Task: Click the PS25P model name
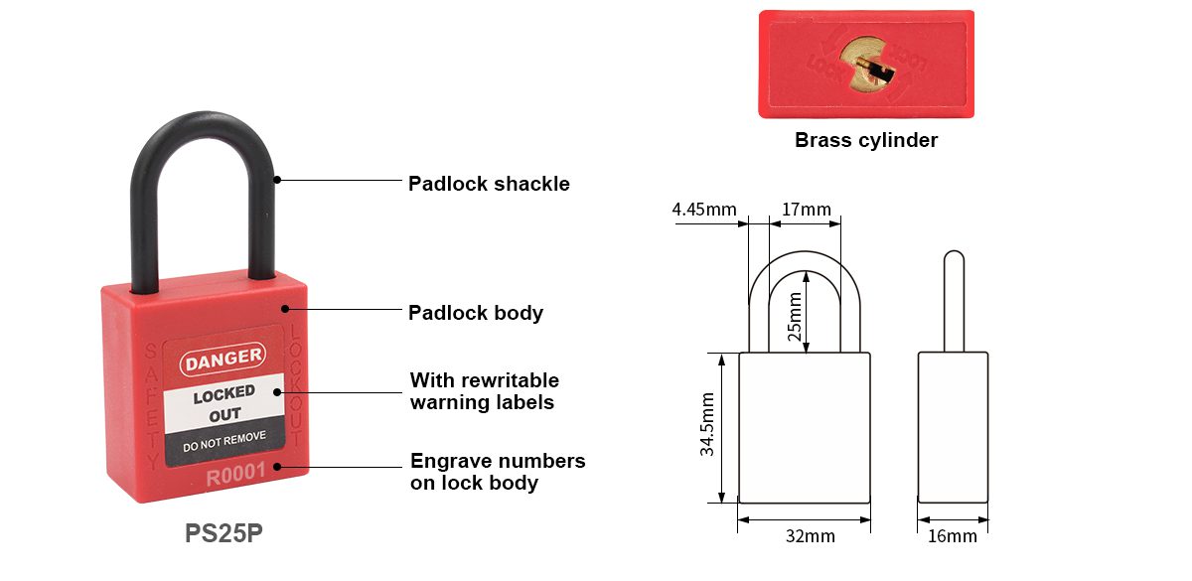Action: [224, 533]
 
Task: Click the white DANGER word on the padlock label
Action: [223, 357]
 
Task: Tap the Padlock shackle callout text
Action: [489, 184]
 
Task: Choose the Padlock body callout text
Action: [476, 313]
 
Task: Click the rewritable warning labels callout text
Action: [485, 391]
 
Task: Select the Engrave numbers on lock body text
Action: [498, 472]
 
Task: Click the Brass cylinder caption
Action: [866, 140]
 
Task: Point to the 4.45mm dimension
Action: [704, 210]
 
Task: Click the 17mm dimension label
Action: [806, 210]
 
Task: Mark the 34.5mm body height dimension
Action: [707, 424]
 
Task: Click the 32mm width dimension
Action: [811, 536]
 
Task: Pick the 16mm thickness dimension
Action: [953, 536]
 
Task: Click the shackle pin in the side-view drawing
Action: [953, 298]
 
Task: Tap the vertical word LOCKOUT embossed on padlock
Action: [295, 386]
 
